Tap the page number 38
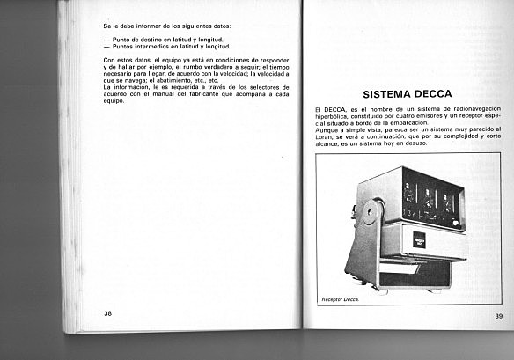click(107, 312)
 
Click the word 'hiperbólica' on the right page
click(333, 116)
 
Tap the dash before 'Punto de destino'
click(106, 40)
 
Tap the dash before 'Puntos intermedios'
click(106, 46)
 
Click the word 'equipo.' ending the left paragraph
click(114, 100)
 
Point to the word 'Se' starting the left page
click(106, 26)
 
